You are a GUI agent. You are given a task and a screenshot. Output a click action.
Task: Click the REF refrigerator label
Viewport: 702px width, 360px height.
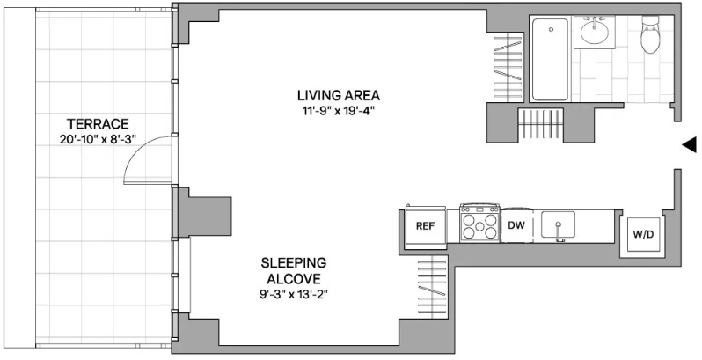click(x=425, y=226)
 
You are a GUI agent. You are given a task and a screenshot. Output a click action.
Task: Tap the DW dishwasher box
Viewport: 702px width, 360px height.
click(x=516, y=225)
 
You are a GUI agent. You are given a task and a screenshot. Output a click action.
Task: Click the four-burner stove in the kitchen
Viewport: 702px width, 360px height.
click(x=480, y=223)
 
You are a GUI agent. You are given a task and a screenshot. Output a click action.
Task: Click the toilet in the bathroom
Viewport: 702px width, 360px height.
click(x=650, y=34)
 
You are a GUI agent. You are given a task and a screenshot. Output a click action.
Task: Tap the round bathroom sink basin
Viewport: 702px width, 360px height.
click(x=595, y=32)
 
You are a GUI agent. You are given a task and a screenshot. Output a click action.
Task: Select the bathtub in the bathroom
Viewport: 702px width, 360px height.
click(x=550, y=59)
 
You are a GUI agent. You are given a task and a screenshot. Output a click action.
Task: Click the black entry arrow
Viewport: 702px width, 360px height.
click(x=689, y=144)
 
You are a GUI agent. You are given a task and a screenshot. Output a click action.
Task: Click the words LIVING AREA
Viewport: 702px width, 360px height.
click(x=339, y=95)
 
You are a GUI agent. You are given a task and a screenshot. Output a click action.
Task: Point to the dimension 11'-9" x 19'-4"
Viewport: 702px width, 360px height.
click(x=338, y=111)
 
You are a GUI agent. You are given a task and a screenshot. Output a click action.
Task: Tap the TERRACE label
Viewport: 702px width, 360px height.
click(x=98, y=123)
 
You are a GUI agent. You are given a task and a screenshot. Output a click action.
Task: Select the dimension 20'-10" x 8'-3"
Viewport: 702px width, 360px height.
click(x=98, y=139)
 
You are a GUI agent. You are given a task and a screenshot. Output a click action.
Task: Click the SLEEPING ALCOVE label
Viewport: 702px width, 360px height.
click(x=294, y=270)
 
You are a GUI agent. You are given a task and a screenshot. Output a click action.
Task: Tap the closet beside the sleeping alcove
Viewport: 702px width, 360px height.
click(x=433, y=284)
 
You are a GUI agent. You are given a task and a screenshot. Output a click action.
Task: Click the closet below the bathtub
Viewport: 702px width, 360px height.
click(x=540, y=124)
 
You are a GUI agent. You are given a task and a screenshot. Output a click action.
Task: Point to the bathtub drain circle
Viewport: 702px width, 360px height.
click(x=551, y=30)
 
